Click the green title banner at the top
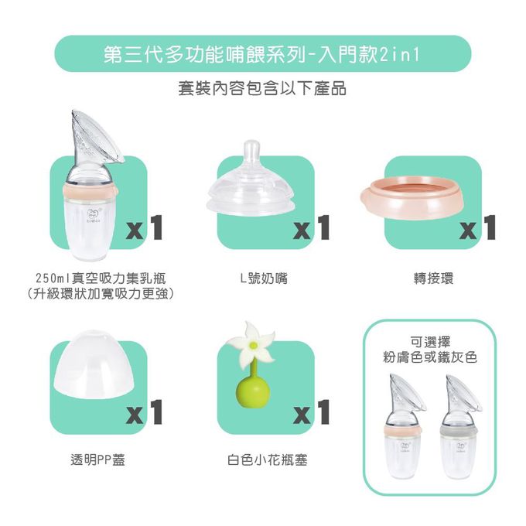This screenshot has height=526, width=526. coord(262,54)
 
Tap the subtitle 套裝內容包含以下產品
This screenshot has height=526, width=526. coord(262,89)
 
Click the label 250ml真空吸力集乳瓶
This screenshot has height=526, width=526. coord(100,278)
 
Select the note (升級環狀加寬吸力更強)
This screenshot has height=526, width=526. coord(100,294)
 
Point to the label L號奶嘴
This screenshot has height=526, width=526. coord(263,278)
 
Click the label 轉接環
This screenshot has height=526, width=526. coord(429,278)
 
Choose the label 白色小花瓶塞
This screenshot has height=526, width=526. coord(263,460)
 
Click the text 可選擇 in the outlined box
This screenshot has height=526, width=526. coord(429,340)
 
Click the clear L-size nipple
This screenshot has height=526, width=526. coord(248,186)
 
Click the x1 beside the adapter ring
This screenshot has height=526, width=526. coord(477,227)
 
